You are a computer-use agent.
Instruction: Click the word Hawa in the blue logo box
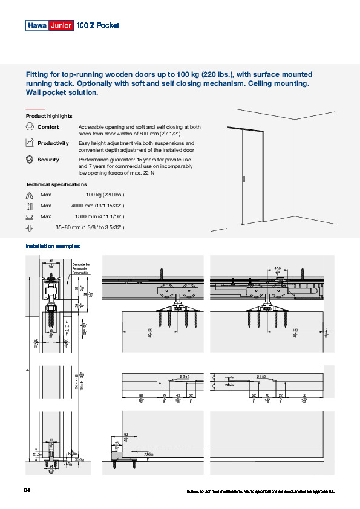[36, 25]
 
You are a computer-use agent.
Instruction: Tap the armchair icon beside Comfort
[30, 127]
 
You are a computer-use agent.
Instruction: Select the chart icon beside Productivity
[30, 143]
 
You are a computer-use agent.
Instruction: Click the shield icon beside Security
[30, 160]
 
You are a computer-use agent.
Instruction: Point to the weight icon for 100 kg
[30, 195]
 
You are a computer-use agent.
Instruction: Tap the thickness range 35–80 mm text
[90, 227]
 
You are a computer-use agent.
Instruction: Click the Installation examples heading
[53, 246]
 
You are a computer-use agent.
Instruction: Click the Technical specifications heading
[56, 184]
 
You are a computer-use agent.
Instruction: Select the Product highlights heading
[49, 116]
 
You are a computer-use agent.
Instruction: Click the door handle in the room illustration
[243, 179]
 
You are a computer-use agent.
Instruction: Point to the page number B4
[27, 490]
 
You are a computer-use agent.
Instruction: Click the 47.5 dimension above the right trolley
[261, 267]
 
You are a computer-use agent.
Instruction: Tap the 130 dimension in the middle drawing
[149, 330]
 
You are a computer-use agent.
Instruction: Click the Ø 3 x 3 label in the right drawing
[261, 377]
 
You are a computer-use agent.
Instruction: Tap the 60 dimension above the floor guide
[126, 435]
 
